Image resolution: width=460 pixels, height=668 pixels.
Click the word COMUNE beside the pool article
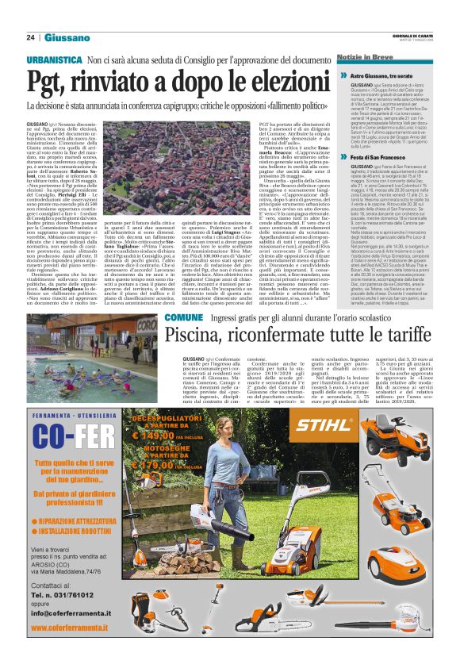coord(183,317)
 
